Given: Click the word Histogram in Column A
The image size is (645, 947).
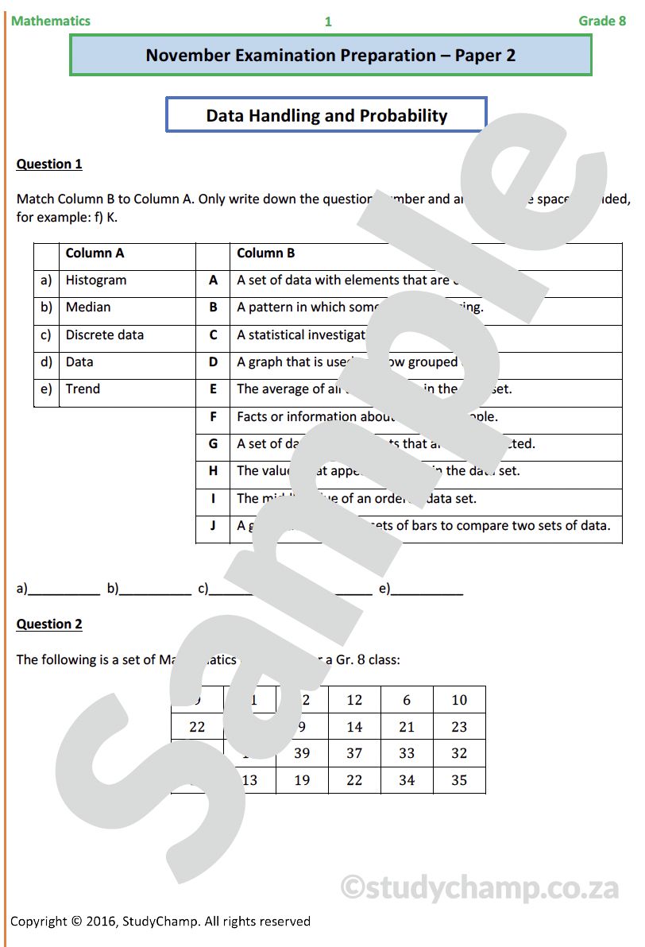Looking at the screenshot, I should (96, 280).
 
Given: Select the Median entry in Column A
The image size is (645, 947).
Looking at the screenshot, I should (88, 307).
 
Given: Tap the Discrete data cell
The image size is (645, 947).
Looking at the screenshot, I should (105, 334).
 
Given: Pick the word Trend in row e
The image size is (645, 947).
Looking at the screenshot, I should (83, 388).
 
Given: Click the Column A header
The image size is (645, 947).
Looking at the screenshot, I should (95, 253).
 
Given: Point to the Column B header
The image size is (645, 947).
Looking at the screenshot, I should (266, 253).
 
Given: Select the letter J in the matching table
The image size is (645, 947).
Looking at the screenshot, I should (213, 525).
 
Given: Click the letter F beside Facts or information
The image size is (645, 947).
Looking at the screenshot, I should (213, 416).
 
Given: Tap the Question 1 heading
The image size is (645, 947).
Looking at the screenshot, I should (49, 164).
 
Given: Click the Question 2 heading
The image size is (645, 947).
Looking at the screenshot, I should (49, 624).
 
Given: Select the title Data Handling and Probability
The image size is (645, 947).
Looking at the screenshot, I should (326, 116).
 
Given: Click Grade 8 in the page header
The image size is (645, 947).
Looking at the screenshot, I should (602, 21).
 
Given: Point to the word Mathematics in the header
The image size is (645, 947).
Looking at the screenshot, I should (51, 21).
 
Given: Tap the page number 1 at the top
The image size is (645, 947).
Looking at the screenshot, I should (328, 22).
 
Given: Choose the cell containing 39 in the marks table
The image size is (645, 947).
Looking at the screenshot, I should (302, 753).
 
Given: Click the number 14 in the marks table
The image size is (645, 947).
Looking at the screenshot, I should (354, 727).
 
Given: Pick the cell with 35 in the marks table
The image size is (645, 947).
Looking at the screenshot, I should (459, 780).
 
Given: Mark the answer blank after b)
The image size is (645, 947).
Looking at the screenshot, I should (156, 589).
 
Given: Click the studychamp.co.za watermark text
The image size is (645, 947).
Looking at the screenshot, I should (480, 887).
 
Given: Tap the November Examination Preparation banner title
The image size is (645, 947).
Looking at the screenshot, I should (330, 56).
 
